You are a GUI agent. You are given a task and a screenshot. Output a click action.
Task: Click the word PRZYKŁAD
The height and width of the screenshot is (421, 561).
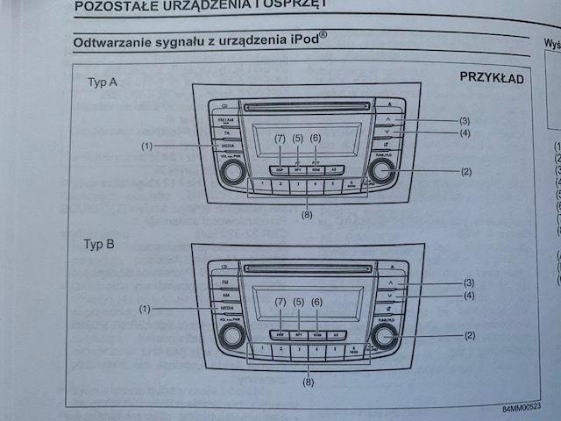pos(492,78)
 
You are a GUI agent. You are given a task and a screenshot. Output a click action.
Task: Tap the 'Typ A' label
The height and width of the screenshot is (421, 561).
pos(103,82)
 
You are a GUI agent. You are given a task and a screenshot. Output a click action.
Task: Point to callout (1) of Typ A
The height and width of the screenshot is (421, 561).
pos(146,144)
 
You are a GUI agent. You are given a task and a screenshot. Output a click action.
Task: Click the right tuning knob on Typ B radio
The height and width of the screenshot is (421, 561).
pos(382,337)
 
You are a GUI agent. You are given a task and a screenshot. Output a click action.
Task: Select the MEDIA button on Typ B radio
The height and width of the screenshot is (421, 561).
pos(227,310)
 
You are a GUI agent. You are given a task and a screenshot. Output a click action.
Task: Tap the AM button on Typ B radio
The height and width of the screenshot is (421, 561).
pos(226,296)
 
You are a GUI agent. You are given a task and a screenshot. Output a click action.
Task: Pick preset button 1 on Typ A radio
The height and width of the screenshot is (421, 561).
pos(261,186)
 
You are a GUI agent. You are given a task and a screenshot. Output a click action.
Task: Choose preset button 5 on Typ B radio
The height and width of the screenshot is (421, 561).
pos(334,349)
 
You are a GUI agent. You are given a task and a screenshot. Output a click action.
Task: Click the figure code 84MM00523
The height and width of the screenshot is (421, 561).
pos(522,409)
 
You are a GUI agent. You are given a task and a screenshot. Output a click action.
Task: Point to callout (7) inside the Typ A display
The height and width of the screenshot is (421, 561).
pos(280,138)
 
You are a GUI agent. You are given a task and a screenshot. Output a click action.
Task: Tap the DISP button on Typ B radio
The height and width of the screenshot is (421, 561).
pos(279,334)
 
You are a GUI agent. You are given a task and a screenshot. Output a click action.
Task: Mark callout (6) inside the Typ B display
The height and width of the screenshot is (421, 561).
pos(317,302)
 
